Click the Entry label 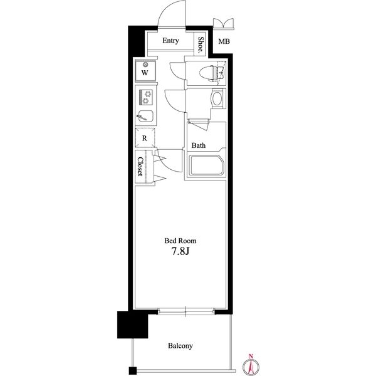point(170,41)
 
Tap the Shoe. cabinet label point(201,44)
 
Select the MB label point(224,41)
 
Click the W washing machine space point(145,71)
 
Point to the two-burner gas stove point(146,97)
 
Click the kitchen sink point(145,116)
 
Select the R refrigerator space point(145,138)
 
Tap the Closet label point(140,167)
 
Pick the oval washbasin point(217,99)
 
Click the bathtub point(206,165)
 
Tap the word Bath point(199,145)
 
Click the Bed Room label point(180,241)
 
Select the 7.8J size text point(180,251)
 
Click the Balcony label point(180,345)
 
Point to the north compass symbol point(251,365)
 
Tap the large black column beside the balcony point(133,325)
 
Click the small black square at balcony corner point(133,370)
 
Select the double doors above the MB point(224,24)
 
